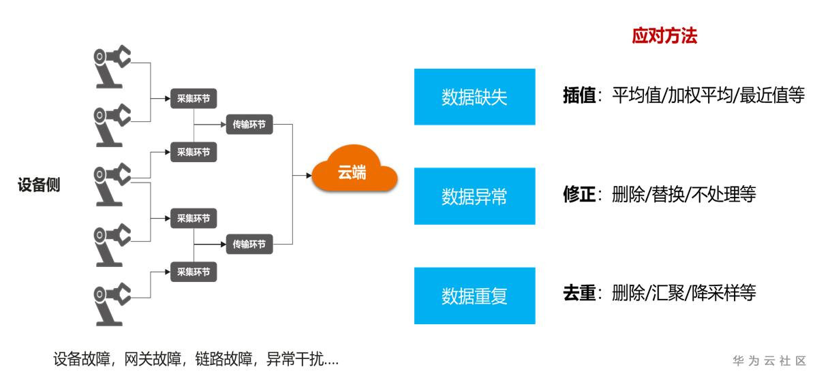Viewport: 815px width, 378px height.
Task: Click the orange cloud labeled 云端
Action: pyautogui.click(x=354, y=174)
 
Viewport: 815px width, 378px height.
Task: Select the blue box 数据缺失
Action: pyautogui.click(x=474, y=97)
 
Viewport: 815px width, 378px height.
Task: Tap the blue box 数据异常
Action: pyautogui.click(x=474, y=196)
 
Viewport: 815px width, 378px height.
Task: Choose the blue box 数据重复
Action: pyautogui.click(x=474, y=296)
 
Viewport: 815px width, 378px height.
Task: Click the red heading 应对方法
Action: pyautogui.click(x=664, y=37)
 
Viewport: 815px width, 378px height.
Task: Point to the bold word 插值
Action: pyautogui.click(x=579, y=96)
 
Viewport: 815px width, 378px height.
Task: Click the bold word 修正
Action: pyautogui.click(x=579, y=195)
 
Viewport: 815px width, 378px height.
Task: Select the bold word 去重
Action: pyautogui.click(x=579, y=294)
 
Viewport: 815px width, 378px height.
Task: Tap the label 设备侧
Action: pyautogui.click(x=39, y=185)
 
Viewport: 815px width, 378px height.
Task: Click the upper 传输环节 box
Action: pyautogui.click(x=249, y=125)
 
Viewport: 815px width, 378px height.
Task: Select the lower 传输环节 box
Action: pyautogui.click(x=249, y=244)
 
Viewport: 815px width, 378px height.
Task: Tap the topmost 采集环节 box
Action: pyautogui.click(x=194, y=98)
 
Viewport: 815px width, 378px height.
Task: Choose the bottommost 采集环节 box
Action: pyautogui.click(x=194, y=272)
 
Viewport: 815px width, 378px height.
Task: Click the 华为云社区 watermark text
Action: pyautogui.click(x=769, y=360)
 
